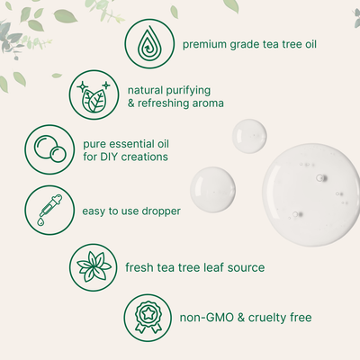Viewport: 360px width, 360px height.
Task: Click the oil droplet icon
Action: coord(148,43)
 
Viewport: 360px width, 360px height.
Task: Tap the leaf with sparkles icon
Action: coord(94,95)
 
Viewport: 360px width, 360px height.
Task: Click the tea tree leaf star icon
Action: coord(94,265)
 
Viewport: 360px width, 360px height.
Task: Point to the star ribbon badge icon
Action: coord(148,318)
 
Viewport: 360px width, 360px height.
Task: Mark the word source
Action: coord(247,266)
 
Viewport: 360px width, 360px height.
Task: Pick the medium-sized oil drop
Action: coord(212,188)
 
